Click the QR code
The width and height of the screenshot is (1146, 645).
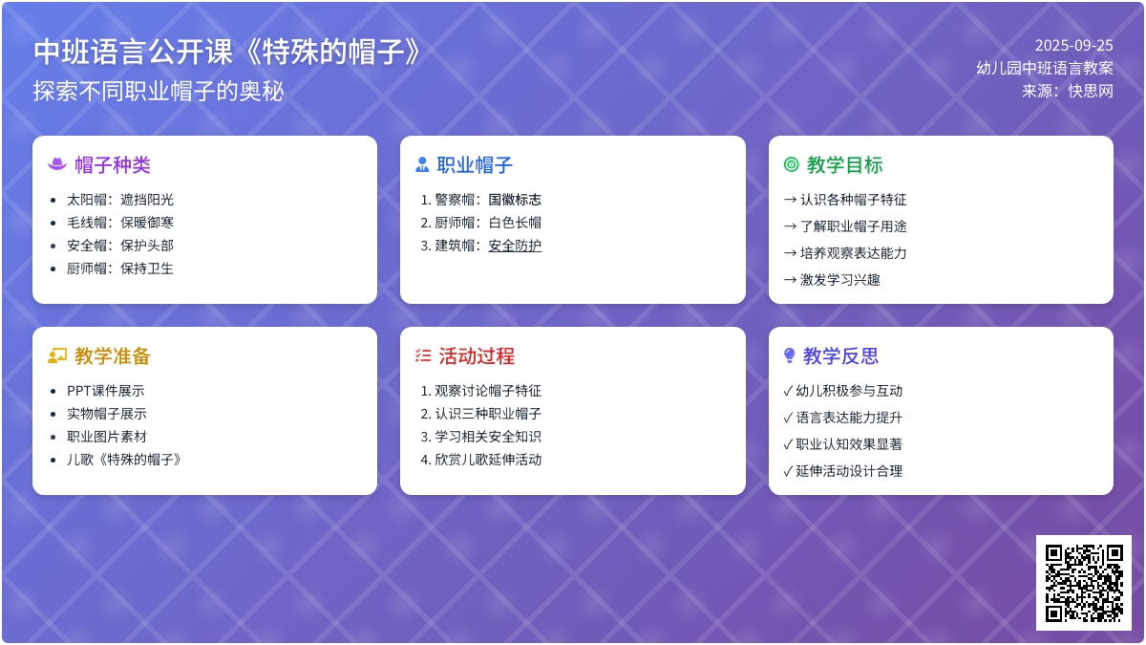1084,583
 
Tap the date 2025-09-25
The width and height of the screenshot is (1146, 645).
1073,46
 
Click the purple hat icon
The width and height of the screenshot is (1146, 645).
57,164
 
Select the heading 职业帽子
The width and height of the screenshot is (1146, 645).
475,164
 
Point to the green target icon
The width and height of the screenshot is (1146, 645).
791,164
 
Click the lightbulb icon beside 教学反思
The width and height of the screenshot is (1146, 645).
790,355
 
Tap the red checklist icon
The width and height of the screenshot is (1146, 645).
423,355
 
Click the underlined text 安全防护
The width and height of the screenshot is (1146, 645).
515,246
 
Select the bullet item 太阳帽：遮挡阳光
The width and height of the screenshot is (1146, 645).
120,200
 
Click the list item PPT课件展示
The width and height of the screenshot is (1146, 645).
106,391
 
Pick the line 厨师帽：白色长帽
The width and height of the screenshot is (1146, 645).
481,223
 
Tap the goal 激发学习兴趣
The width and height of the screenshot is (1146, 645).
832,280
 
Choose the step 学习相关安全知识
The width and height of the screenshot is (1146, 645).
481,437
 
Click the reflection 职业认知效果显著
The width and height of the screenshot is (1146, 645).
843,444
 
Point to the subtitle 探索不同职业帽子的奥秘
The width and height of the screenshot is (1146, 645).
159,91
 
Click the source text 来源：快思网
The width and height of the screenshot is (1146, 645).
1068,91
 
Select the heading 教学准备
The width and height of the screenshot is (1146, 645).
113,356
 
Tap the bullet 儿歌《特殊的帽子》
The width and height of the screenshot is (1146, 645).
124,460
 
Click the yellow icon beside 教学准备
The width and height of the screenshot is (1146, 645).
57,355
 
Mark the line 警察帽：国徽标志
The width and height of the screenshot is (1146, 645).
481,200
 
